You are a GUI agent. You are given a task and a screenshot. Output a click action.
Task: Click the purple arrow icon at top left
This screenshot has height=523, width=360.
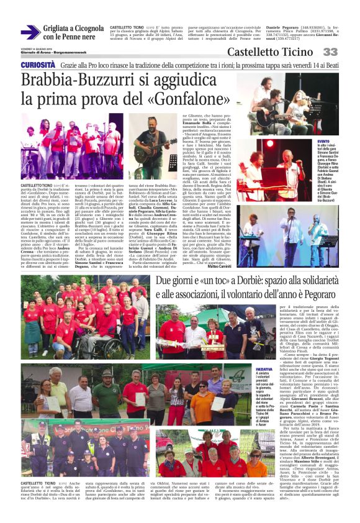click(30, 33)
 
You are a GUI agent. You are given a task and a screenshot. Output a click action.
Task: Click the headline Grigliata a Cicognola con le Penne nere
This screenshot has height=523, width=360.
click(73, 33)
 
